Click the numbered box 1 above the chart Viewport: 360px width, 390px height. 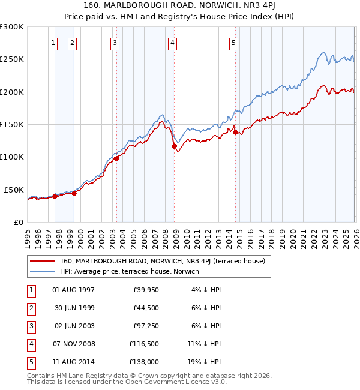point(53,43)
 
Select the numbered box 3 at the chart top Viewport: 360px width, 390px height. point(115,43)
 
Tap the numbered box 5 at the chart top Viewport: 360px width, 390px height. point(233,43)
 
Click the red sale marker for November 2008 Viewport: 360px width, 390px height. point(174,146)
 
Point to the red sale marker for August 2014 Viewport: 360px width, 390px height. point(235,132)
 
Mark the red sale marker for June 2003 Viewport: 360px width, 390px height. point(116,158)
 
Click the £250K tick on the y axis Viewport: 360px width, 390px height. point(12,59)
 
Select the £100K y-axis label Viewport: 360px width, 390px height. point(12,157)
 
